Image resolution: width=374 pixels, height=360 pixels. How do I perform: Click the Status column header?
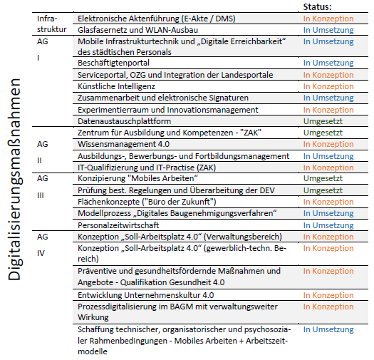(317, 6)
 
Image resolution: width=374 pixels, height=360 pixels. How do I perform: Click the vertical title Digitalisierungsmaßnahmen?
(15, 179)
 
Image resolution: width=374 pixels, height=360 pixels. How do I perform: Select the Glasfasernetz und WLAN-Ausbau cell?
(137, 30)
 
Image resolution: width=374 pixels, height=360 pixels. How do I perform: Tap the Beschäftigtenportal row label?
(113, 63)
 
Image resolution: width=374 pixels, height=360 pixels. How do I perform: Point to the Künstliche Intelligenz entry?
(116, 86)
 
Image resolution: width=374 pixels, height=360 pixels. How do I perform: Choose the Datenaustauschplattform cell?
(124, 121)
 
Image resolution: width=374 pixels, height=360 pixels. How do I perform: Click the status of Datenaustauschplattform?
(323, 121)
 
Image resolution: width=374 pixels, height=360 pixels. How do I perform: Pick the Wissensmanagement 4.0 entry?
(123, 144)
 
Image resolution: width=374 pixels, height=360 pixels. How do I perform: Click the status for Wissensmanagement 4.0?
(328, 144)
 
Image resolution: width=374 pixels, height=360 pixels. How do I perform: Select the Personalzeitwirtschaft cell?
(118, 225)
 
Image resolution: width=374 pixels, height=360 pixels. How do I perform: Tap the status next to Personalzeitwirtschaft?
(328, 225)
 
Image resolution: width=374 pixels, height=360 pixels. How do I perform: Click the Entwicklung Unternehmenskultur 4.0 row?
(145, 295)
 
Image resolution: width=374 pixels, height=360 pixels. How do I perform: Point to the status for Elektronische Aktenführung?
(328, 19)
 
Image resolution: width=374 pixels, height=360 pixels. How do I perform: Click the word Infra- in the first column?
(47, 19)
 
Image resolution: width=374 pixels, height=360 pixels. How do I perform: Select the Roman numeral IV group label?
(41, 253)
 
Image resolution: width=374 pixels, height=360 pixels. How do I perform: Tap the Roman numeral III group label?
(41, 195)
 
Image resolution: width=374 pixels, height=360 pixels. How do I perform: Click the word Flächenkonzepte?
(108, 202)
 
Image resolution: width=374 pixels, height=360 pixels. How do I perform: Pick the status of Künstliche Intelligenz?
(328, 86)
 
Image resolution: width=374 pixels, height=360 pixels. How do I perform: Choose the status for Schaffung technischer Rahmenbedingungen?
(328, 329)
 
